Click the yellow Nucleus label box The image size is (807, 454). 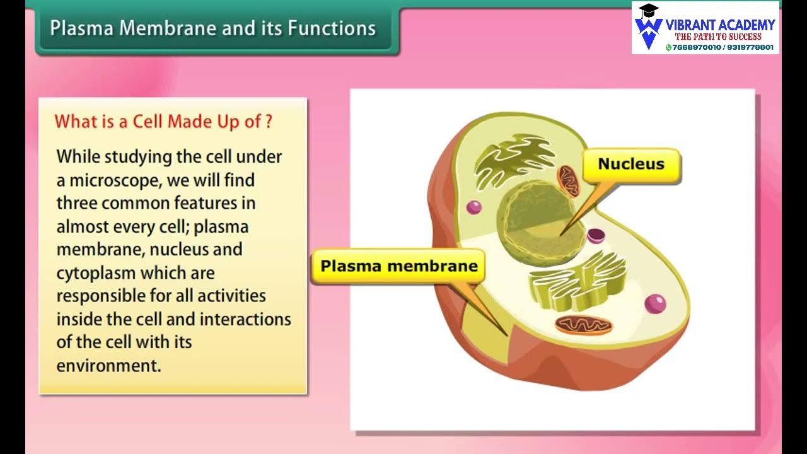click(631, 165)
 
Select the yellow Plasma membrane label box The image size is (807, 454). click(399, 266)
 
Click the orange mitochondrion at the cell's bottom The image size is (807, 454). click(583, 325)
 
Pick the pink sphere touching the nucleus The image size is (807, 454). click(596, 236)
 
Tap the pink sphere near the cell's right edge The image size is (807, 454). click(655, 303)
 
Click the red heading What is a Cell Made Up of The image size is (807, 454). click(163, 122)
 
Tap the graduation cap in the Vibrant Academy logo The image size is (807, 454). click(648, 11)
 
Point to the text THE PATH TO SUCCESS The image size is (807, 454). click(718, 37)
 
